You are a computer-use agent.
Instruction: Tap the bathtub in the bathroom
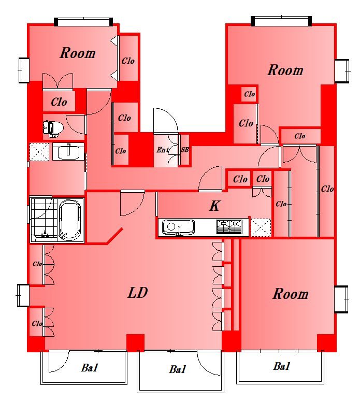tap(70, 220)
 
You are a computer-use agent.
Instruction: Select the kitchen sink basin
tap(178, 227)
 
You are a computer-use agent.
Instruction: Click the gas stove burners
tap(229, 226)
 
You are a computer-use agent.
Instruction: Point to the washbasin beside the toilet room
tap(68, 152)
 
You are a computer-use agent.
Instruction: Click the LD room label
tap(138, 293)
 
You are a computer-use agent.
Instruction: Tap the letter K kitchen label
tap(214, 206)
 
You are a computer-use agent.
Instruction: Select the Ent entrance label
tap(163, 150)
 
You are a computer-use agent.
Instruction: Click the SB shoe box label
tap(184, 150)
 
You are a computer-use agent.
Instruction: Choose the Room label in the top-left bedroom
tap(78, 53)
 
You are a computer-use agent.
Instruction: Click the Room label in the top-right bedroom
tap(285, 70)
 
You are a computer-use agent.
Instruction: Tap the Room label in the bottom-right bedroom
tap(291, 294)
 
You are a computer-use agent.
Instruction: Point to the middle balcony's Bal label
tap(178, 369)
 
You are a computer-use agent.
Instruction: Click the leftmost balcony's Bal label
tap(90, 368)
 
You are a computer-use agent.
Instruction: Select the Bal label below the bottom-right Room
tap(282, 366)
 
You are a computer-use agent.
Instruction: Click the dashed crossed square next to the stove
tap(261, 227)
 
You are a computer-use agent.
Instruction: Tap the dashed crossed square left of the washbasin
tap(39, 152)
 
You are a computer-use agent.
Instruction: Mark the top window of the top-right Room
tap(281, 21)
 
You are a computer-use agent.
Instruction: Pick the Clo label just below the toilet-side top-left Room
tap(59, 102)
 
